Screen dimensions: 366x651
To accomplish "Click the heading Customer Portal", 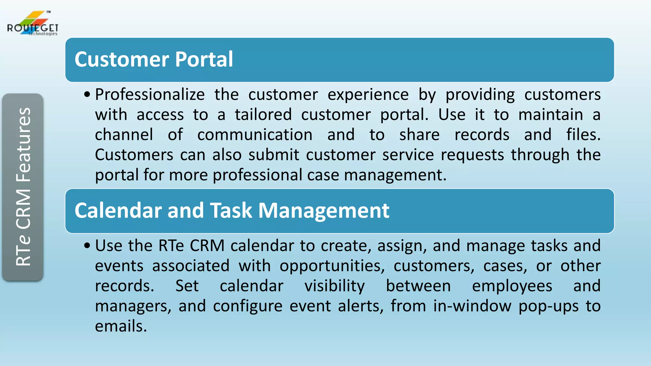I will [x=154, y=59].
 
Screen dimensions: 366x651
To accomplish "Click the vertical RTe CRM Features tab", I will [x=23, y=187].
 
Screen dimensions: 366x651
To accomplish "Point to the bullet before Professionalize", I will [x=87, y=95].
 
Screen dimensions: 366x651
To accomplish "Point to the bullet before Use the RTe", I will [x=87, y=246].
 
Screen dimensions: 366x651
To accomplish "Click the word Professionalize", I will [x=150, y=95].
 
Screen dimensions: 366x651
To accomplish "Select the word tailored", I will [x=263, y=115].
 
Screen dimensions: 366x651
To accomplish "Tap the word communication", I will [x=255, y=135].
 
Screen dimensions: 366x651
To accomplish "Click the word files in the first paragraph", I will [x=582, y=135].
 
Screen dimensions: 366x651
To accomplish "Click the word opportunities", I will [x=332, y=266].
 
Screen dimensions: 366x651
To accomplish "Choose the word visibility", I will [x=334, y=286].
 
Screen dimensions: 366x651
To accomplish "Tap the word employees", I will [x=512, y=286].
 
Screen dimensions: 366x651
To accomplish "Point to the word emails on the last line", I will [x=121, y=326].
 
